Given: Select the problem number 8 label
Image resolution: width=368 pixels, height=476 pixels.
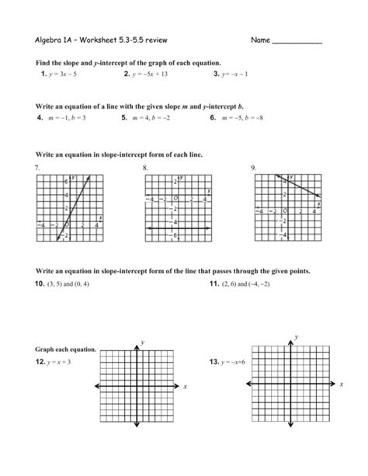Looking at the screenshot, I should (x=144, y=168).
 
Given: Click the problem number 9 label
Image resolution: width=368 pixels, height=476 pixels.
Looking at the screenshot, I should (x=253, y=168).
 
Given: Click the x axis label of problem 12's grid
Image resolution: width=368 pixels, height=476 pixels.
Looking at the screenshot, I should (x=186, y=386).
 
